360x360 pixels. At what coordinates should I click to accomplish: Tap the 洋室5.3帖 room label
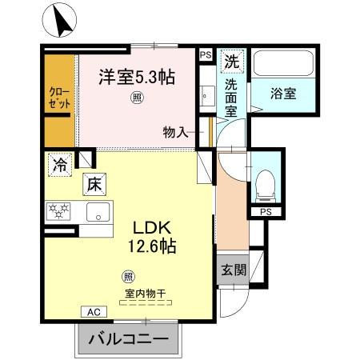(137, 78)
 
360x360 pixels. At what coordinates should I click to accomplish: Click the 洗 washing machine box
(231, 61)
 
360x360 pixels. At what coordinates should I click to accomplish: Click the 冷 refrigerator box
(60, 166)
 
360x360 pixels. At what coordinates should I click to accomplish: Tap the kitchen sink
(98, 214)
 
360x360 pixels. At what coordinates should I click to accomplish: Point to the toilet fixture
(263, 186)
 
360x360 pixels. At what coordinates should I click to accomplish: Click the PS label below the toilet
(265, 212)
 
